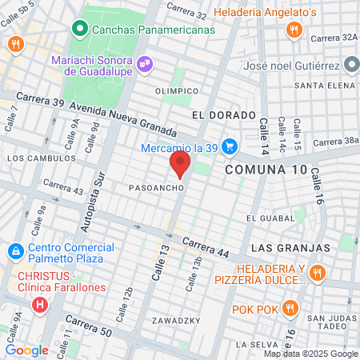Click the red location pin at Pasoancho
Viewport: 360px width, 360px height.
(180, 166)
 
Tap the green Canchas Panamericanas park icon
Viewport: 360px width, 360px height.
(79, 30)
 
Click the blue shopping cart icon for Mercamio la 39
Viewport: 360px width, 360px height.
(230, 146)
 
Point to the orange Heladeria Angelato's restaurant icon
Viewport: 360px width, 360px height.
(294, 30)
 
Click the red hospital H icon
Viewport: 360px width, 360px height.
(39, 305)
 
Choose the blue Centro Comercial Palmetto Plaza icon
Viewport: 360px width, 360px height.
(15, 251)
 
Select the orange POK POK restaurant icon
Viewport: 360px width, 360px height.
(290, 308)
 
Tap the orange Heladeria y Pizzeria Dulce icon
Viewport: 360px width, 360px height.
(318, 274)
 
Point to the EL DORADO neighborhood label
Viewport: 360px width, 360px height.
(218, 115)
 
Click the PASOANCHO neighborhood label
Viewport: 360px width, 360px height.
(158, 187)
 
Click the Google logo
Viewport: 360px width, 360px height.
(26, 350)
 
